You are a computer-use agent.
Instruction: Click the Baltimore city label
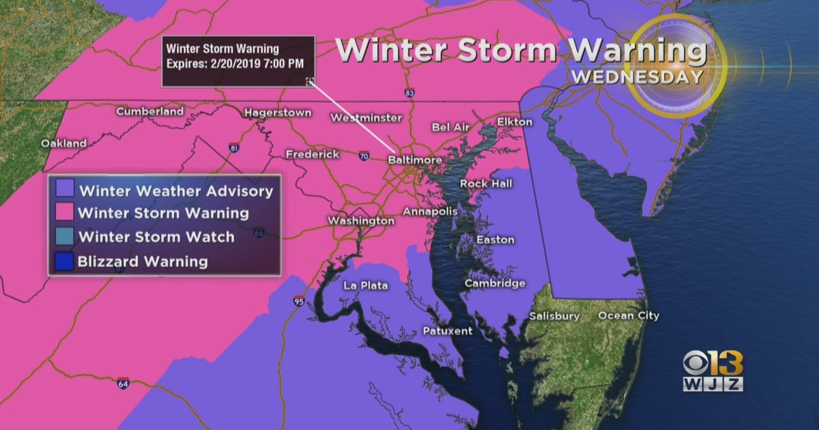[x=415, y=160]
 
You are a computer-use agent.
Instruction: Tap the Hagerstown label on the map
[x=278, y=113]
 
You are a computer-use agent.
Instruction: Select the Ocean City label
[x=629, y=315]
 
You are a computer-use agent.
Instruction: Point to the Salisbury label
[x=554, y=316]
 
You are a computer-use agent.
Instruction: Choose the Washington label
[x=360, y=220]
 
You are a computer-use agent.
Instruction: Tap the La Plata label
[x=365, y=285]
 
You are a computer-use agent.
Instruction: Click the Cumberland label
[x=149, y=111]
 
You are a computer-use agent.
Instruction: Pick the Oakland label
[x=63, y=143]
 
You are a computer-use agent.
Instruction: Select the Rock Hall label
[x=486, y=183]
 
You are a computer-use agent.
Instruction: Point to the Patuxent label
[x=447, y=331]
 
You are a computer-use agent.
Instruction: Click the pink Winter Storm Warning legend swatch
[x=65, y=212]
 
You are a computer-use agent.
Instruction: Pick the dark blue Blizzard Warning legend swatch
[x=65, y=261]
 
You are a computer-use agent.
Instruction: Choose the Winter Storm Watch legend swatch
[x=65, y=237]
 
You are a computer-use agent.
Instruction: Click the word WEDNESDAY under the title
[x=637, y=76]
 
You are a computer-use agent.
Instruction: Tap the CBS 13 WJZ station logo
[x=713, y=372]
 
